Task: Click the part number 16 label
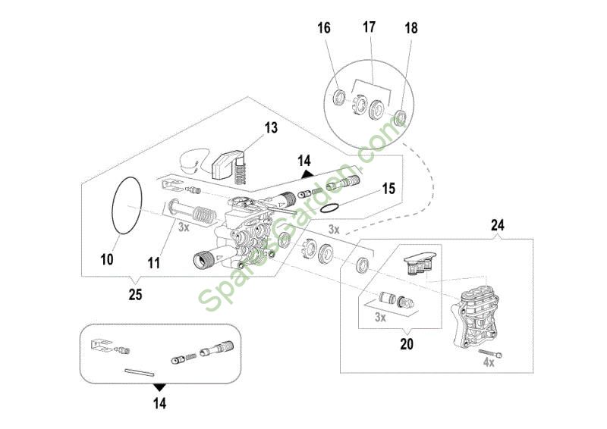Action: pyautogui.click(x=324, y=28)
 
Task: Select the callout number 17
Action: pyautogui.click(x=369, y=27)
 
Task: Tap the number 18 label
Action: pyautogui.click(x=411, y=28)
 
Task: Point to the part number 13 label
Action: pyautogui.click(x=271, y=127)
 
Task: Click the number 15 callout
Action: pyautogui.click(x=388, y=189)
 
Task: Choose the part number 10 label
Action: pyautogui.click(x=107, y=259)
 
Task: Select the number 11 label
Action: pyautogui.click(x=154, y=264)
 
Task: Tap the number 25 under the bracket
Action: pyautogui.click(x=136, y=295)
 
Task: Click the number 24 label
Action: pyautogui.click(x=498, y=225)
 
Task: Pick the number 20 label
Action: pyautogui.click(x=407, y=344)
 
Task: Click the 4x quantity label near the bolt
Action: pyautogui.click(x=489, y=362)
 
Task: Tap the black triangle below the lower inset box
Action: pyautogui.click(x=159, y=387)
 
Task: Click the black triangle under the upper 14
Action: pyautogui.click(x=307, y=174)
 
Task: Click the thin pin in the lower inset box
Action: pyautogui.click(x=140, y=372)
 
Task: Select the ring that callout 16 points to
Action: pyautogui.click(x=339, y=97)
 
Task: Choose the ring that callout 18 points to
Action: pyautogui.click(x=399, y=117)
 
